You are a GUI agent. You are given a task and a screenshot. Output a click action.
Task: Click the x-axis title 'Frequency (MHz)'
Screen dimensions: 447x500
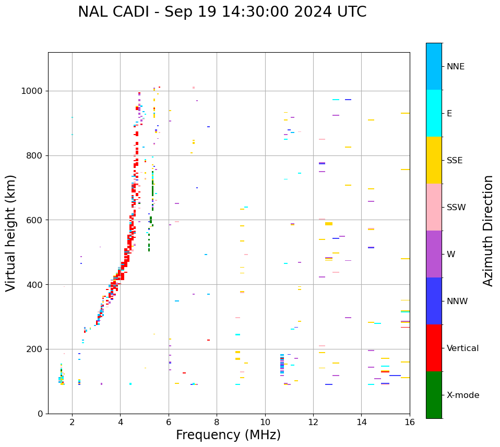(x=228, y=435)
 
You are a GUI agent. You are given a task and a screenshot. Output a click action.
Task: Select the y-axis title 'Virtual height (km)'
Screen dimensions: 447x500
(x=11, y=233)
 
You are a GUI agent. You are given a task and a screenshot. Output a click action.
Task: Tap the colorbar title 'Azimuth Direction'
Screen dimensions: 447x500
(x=488, y=231)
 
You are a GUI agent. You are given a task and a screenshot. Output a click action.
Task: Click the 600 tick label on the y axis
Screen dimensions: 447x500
(x=34, y=220)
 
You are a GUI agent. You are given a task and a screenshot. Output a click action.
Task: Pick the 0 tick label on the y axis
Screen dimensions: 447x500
(x=40, y=414)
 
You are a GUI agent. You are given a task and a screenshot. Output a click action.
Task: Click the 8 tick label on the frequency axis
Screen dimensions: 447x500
(x=217, y=422)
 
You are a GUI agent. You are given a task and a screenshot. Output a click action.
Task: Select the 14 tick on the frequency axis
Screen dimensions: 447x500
(x=362, y=422)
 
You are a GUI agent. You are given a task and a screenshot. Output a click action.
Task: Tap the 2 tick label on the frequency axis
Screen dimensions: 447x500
(x=72, y=422)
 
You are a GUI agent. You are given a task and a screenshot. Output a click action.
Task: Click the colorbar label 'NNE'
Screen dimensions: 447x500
(x=455, y=67)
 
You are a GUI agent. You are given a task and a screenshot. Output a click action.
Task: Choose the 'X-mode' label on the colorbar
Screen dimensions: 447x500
(x=462, y=395)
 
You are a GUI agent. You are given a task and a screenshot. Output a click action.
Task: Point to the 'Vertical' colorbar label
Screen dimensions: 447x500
(x=462, y=348)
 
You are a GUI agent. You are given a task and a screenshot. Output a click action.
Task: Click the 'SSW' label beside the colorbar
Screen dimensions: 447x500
(x=456, y=208)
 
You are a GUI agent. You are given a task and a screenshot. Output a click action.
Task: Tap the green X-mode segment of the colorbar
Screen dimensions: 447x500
(x=434, y=395)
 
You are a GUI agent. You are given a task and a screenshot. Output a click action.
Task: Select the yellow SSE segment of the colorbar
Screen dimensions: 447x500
(x=434, y=160)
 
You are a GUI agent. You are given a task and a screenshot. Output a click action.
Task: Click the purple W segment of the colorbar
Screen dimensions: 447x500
(x=434, y=254)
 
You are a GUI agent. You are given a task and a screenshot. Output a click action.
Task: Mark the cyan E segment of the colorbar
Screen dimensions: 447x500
(x=434, y=113)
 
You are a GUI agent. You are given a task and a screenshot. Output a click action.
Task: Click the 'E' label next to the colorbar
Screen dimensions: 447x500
(x=449, y=114)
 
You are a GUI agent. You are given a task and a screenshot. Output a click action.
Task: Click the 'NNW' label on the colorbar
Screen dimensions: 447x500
(x=457, y=301)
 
